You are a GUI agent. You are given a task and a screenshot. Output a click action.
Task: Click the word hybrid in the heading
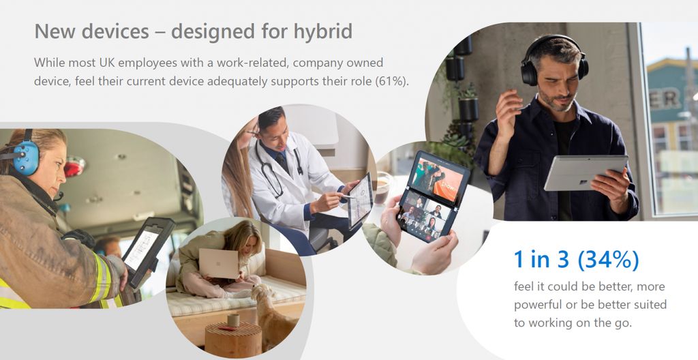click(322, 31)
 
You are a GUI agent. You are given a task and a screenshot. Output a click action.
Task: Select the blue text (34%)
click(608, 260)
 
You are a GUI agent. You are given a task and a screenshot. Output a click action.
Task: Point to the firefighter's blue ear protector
click(25, 157)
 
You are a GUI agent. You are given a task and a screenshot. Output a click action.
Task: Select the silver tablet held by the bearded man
click(586, 172)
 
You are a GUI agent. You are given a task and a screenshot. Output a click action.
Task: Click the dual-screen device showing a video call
click(431, 196)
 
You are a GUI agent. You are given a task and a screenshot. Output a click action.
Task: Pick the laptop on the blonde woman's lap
click(219, 263)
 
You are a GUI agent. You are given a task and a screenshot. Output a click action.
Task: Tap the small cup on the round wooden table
click(233, 320)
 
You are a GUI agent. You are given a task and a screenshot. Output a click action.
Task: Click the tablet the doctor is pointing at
click(360, 200)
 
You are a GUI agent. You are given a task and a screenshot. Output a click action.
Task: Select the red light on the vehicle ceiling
click(74, 166)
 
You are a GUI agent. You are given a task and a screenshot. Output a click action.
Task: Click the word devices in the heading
click(115, 31)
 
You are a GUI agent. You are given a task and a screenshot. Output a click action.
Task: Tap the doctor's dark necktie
click(282, 163)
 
